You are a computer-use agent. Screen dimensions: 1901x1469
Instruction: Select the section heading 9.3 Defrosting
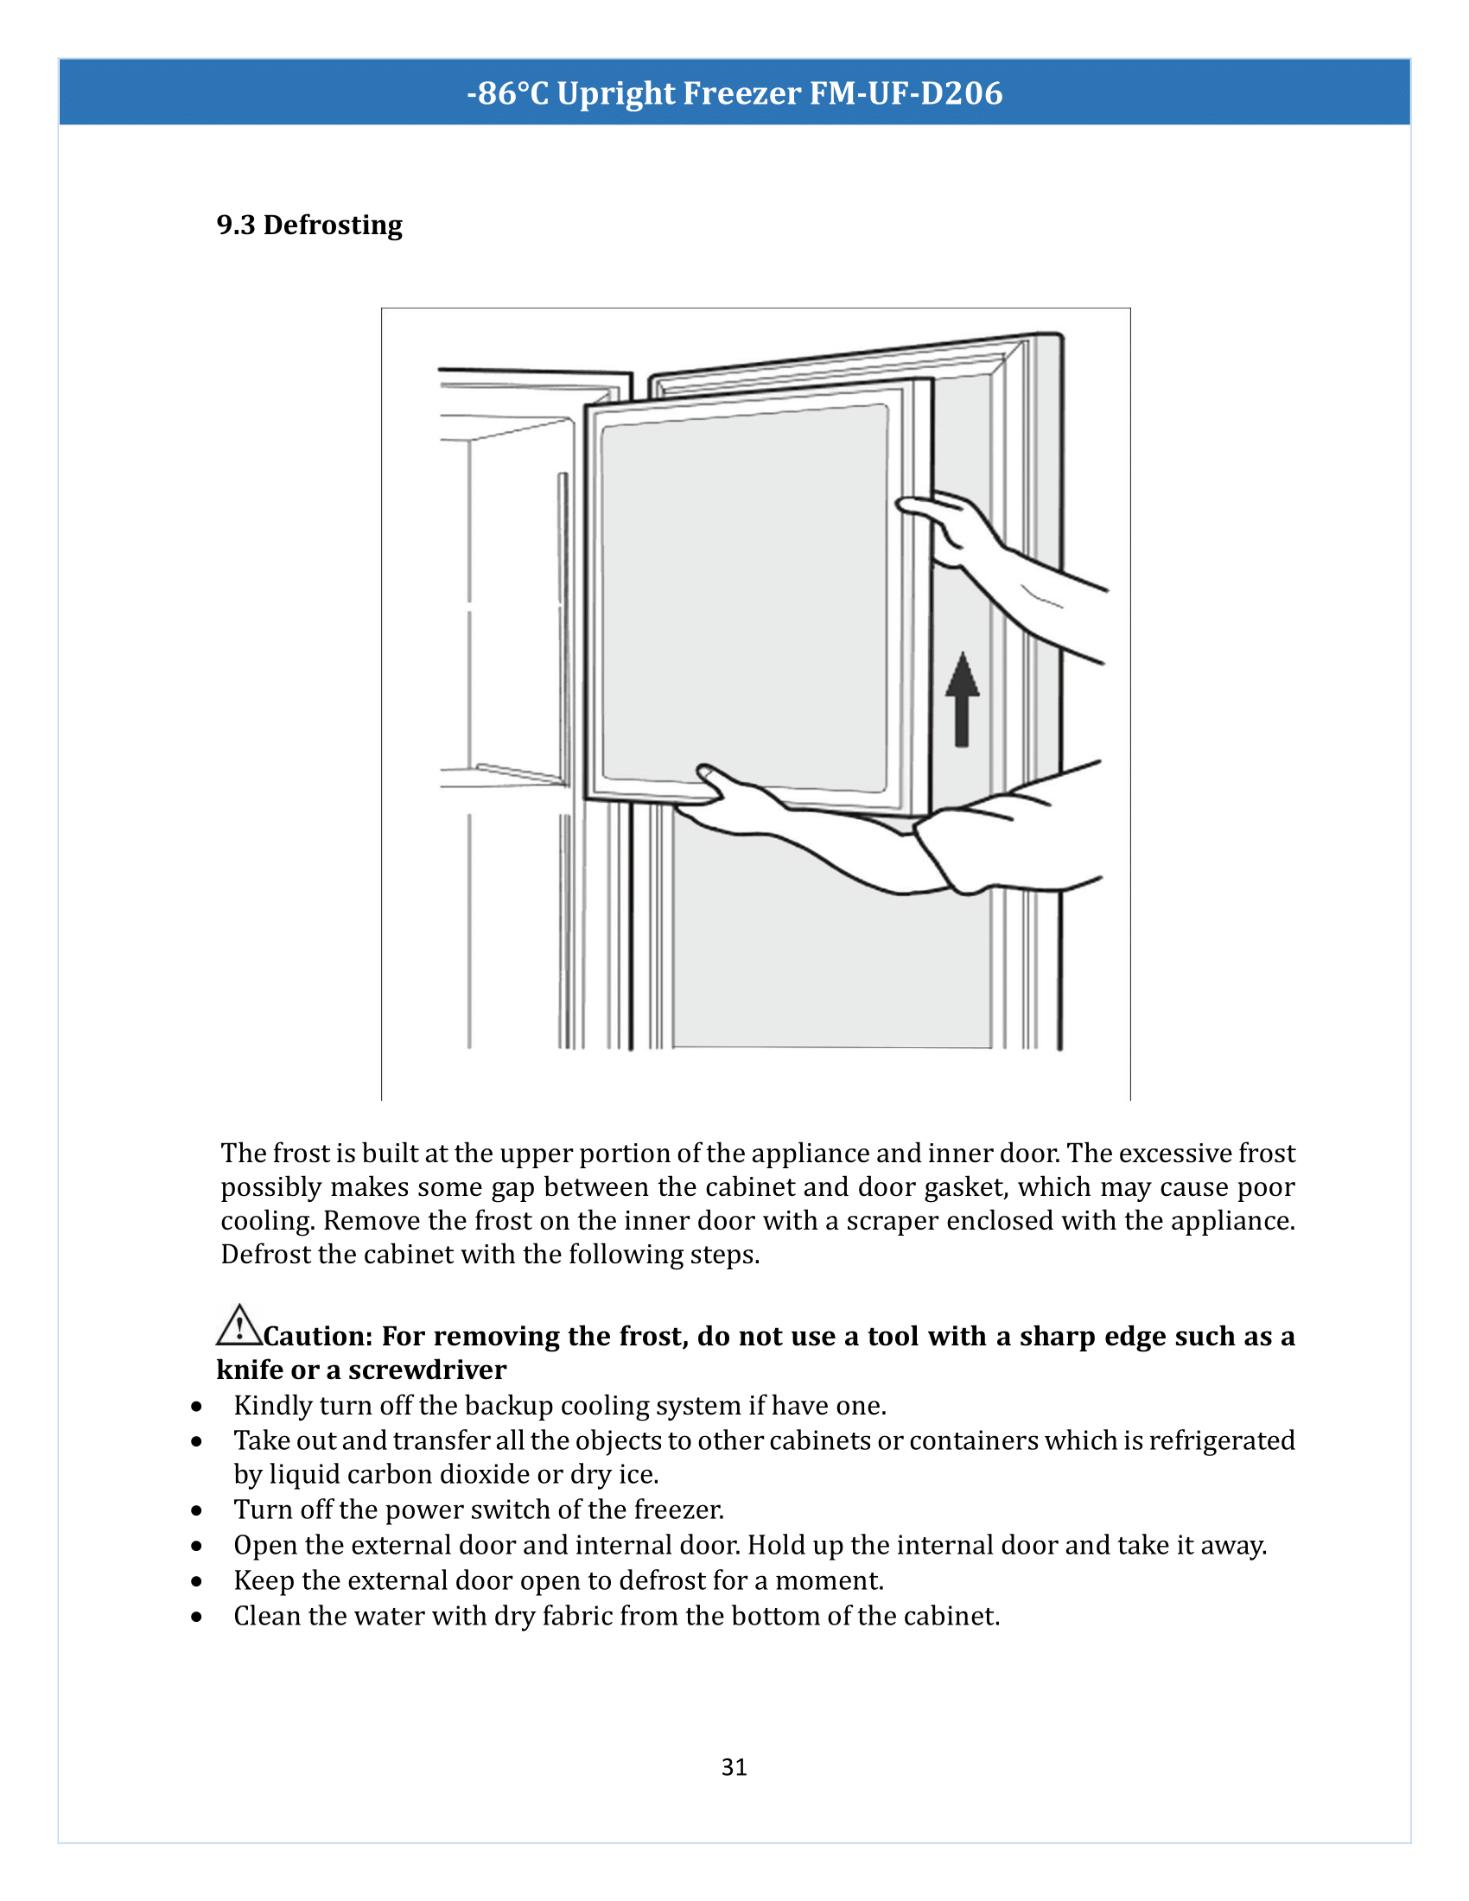(309, 225)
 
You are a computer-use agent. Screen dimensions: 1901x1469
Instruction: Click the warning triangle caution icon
(238, 1326)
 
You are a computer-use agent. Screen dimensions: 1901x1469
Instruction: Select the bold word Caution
(318, 1336)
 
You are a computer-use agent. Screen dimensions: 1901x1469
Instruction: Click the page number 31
(734, 1767)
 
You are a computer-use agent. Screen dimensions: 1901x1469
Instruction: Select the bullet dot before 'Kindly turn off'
(198, 1407)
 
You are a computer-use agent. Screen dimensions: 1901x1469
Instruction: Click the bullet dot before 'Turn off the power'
(198, 1510)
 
